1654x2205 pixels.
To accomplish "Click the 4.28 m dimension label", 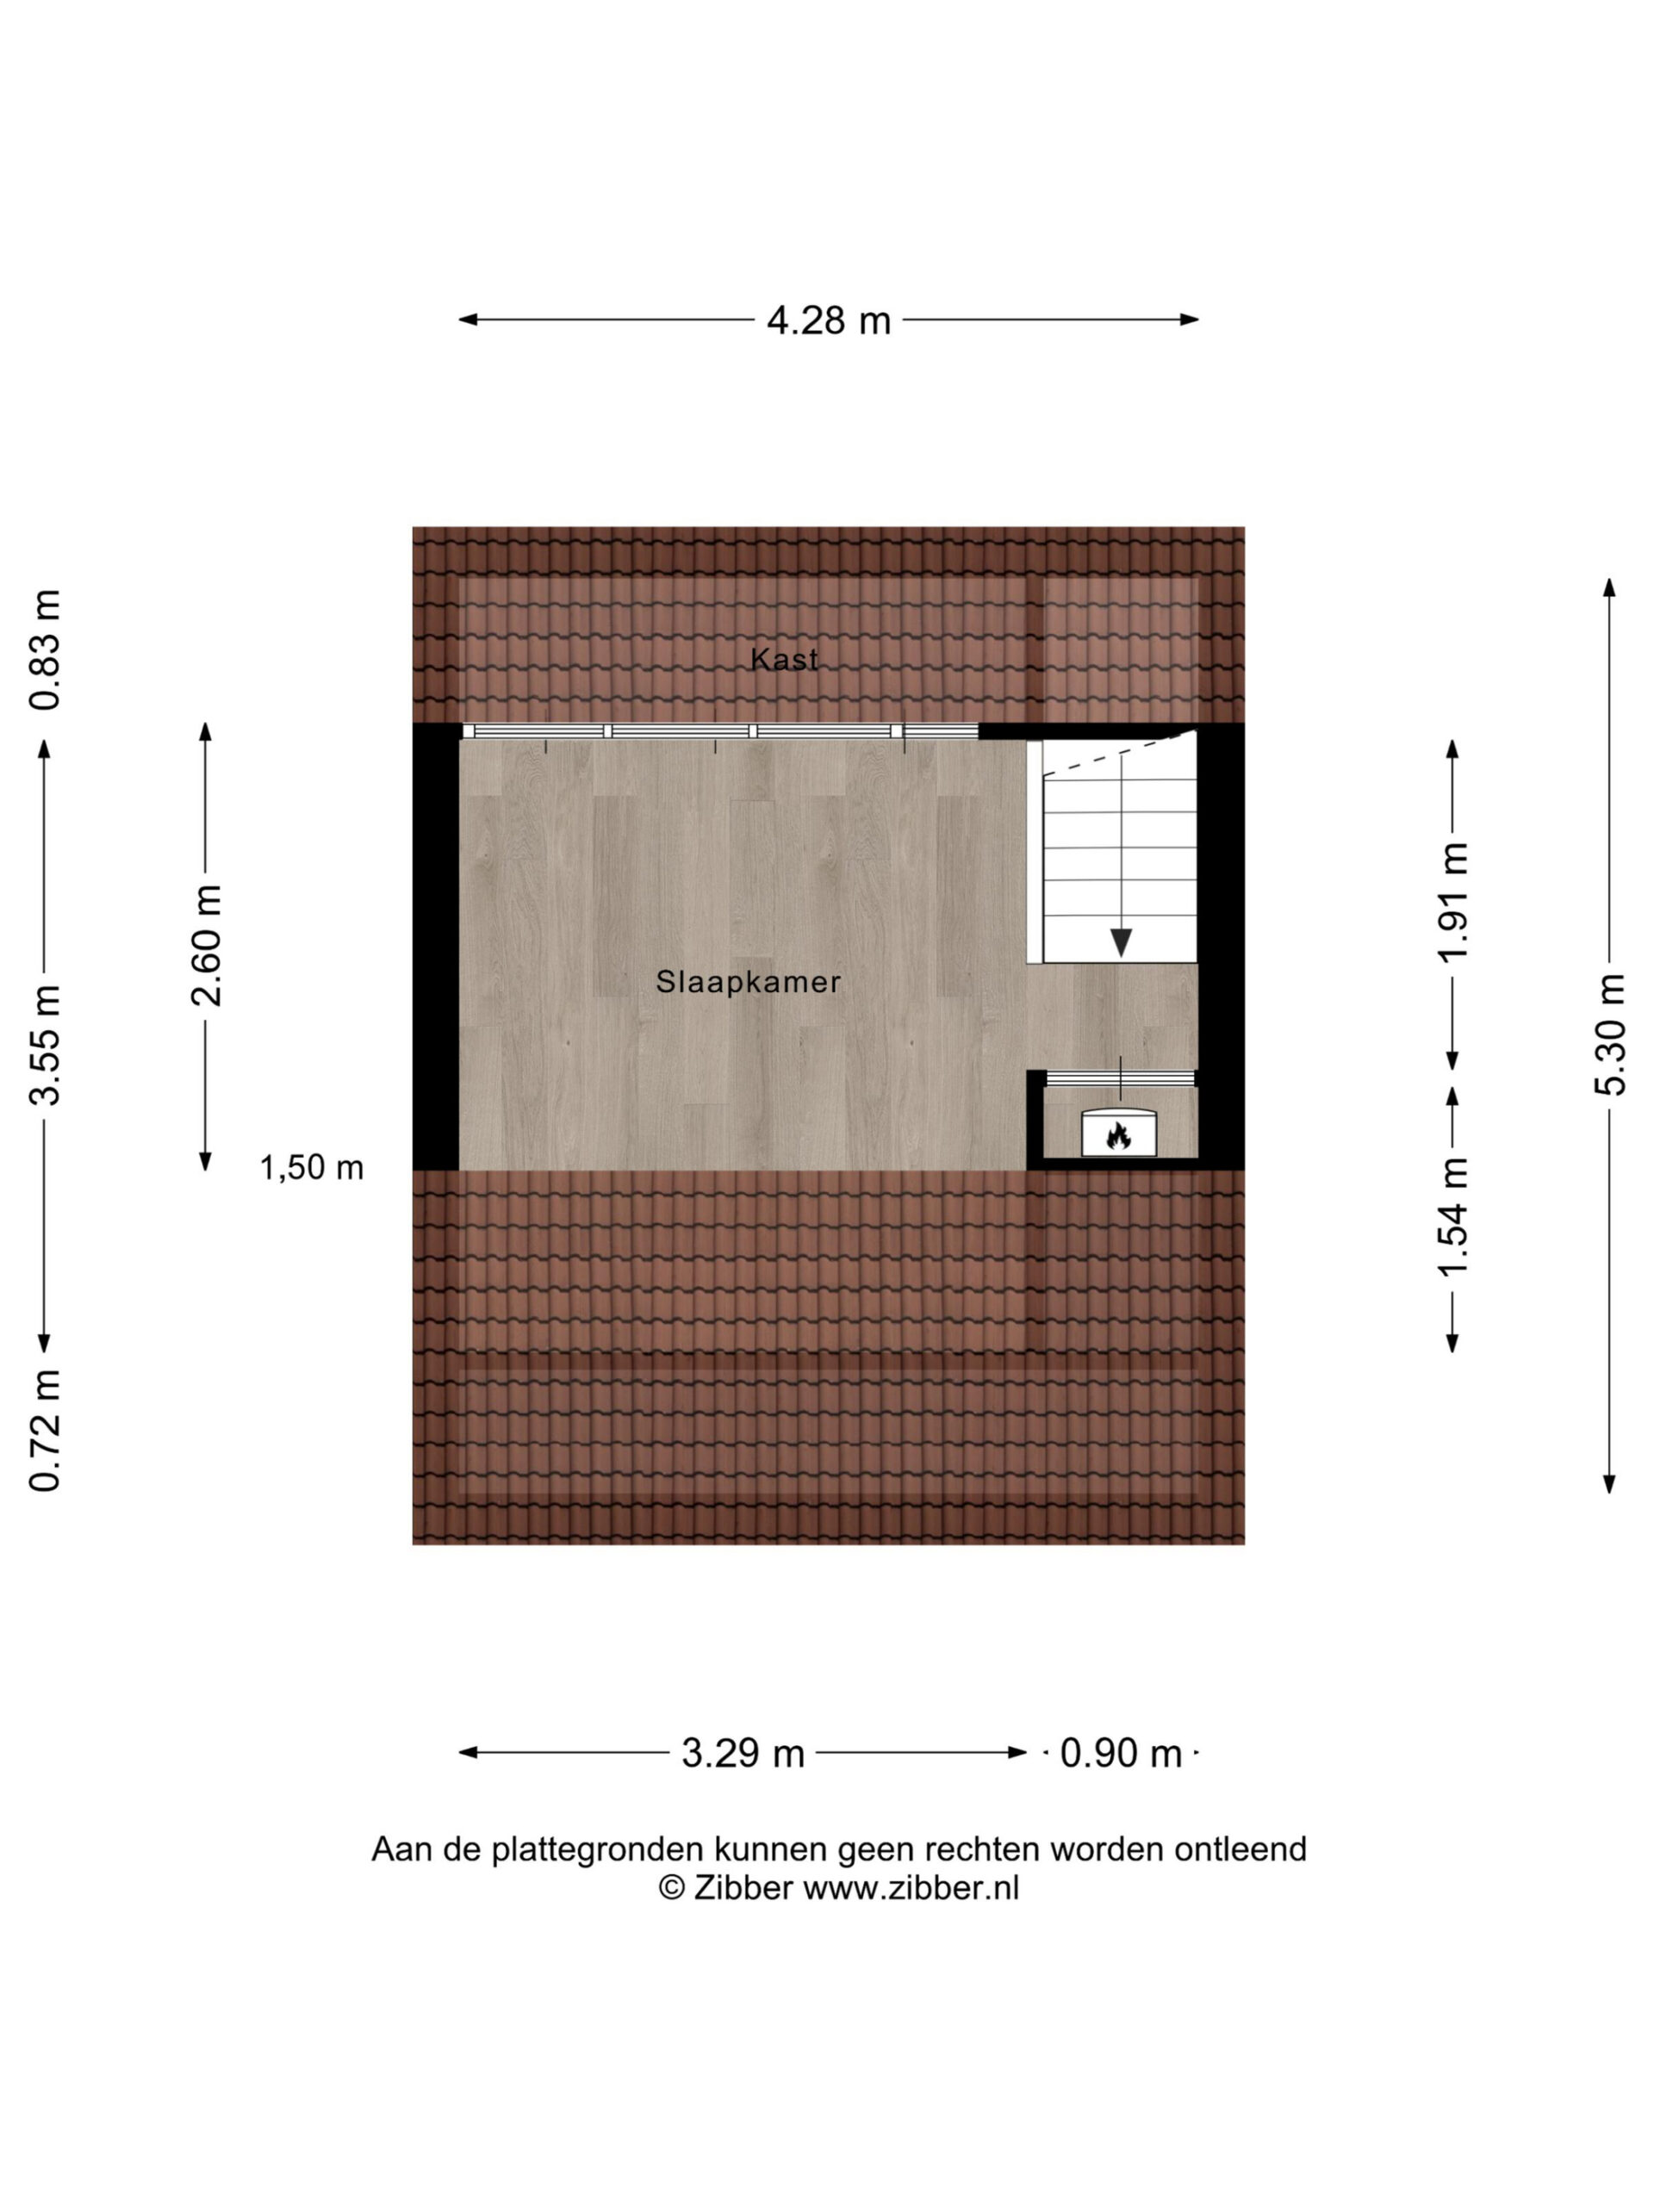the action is point(828,321).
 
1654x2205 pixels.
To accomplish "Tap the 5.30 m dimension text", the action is point(1609,1034).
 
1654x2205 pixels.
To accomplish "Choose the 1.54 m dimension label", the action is point(1452,1218).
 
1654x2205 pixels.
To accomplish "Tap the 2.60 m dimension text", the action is point(207,946).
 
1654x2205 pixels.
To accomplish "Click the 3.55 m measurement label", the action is point(45,1046).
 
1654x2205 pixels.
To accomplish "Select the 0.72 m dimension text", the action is point(45,1431).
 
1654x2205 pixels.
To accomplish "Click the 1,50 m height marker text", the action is point(312,1167).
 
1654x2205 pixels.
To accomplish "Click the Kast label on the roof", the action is point(784,659).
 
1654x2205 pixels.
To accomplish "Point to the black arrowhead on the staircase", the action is point(1121,942).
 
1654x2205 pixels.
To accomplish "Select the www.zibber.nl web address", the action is point(911,1889).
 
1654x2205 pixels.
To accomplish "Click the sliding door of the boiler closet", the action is point(1120,1078).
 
